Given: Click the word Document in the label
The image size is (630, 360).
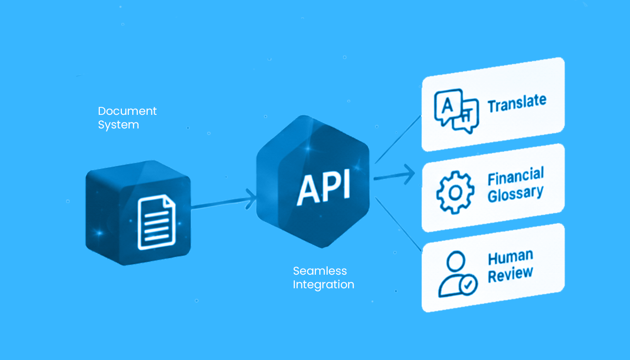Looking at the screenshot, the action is (x=127, y=111).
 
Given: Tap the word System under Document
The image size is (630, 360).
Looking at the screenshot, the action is (x=119, y=125).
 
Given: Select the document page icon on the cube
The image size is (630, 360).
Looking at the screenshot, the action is (x=157, y=222).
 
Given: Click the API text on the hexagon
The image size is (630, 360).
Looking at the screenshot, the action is (x=324, y=187).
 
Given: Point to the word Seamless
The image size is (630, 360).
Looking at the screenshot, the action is (x=320, y=271).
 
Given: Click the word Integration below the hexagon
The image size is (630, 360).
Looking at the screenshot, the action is (x=323, y=285).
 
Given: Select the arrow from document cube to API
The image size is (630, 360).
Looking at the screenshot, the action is (x=224, y=202).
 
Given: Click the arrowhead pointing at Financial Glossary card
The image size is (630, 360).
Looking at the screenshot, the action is (x=410, y=174).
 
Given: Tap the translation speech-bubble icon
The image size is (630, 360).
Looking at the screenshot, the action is (x=456, y=111).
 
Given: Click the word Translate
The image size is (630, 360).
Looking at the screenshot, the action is (x=517, y=104).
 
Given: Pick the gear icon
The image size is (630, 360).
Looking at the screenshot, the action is (x=455, y=193).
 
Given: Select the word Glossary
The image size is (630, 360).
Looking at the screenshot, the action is (x=515, y=194).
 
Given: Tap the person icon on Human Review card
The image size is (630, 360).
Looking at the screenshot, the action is (x=457, y=274).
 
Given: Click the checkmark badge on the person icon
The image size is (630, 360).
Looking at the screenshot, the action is (x=468, y=285).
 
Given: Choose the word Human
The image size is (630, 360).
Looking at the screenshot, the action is (x=510, y=257).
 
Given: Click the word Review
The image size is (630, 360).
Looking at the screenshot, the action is (x=510, y=274).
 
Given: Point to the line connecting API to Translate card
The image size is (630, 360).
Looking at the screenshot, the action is (x=398, y=139).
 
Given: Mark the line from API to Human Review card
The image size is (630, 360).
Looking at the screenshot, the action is (x=398, y=224).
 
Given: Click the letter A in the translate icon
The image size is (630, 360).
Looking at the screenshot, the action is (x=447, y=106).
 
